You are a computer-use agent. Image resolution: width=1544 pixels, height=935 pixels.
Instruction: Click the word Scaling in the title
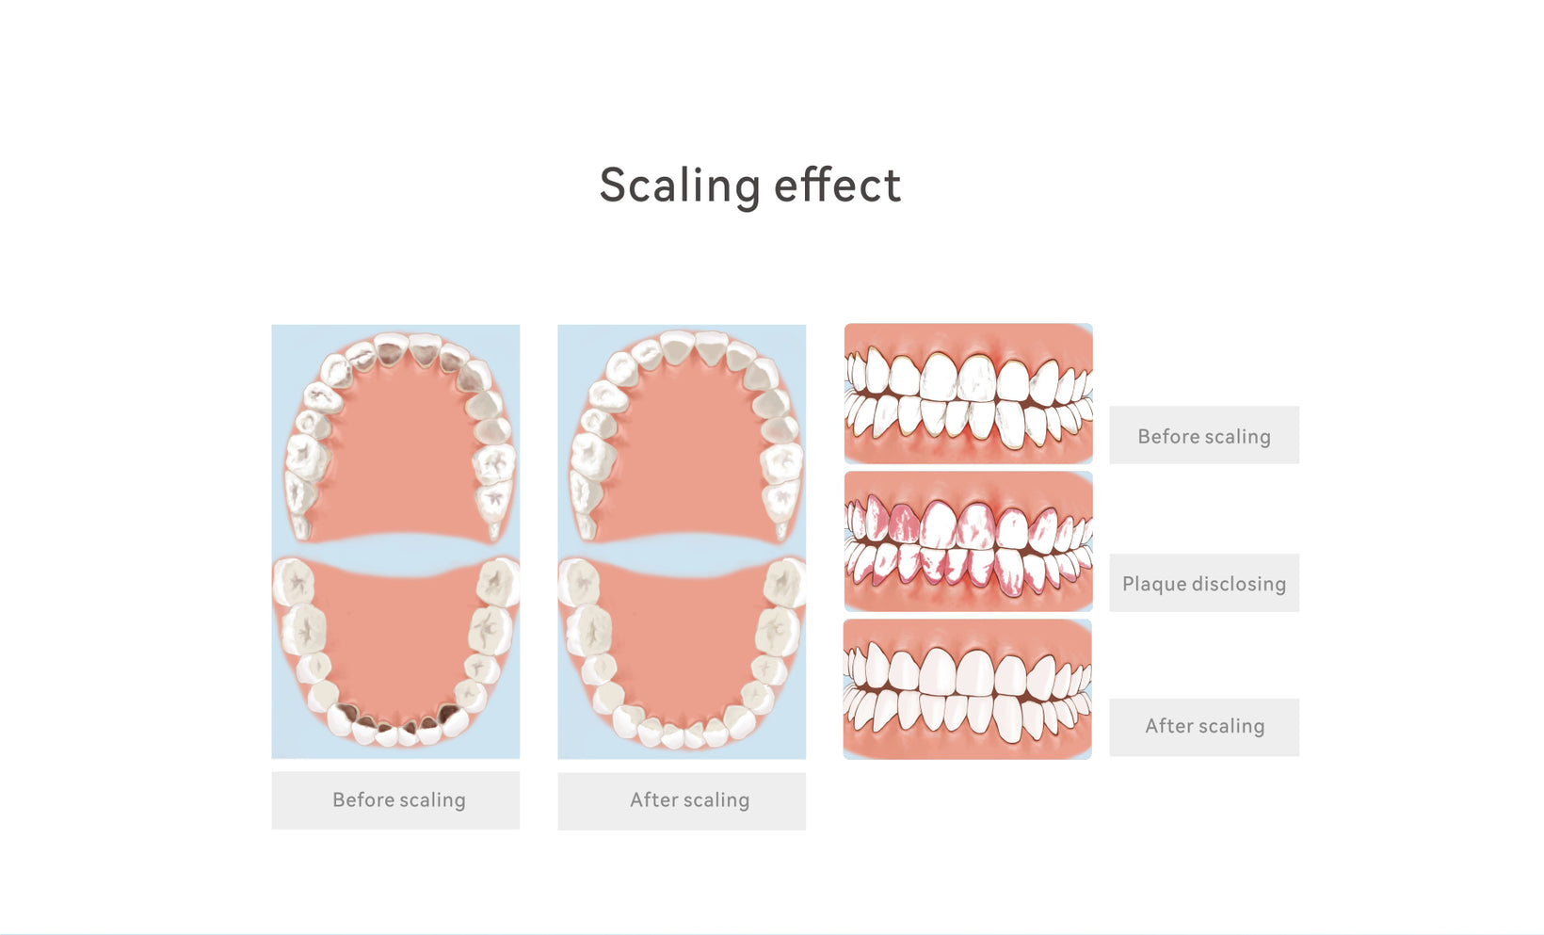click(680, 186)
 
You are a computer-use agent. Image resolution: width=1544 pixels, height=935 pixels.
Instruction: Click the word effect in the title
click(837, 185)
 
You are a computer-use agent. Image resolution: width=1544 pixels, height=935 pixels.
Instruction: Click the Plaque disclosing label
click(1204, 584)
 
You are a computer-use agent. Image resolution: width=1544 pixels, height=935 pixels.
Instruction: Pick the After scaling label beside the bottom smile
click(1205, 726)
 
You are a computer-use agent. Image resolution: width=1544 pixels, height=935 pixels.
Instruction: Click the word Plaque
click(1154, 584)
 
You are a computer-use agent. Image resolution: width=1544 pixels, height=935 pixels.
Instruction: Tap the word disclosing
click(1239, 584)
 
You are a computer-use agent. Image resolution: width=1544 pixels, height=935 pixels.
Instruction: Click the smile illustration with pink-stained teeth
click(968, 541)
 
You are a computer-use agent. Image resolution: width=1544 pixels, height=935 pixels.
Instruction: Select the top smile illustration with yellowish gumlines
click(968, 394)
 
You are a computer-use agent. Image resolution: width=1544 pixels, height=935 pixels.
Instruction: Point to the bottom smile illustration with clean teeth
click(968, 689)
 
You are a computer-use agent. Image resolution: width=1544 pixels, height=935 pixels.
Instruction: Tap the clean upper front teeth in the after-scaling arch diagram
click(695, 349)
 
